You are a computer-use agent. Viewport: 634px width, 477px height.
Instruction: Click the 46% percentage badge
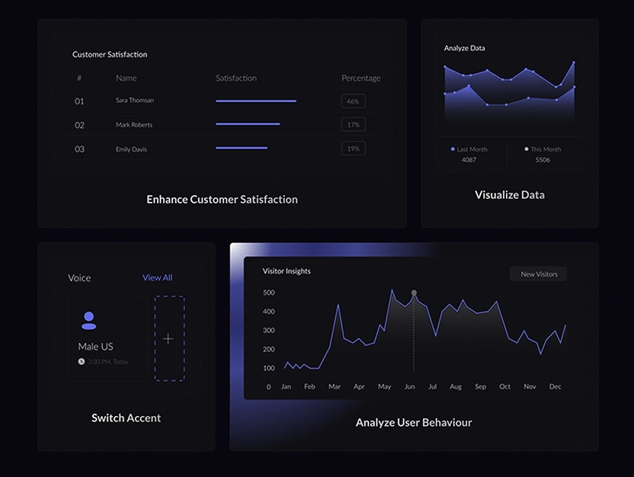click(353, 101)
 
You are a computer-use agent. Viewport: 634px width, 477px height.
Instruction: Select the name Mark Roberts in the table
click(134, 125)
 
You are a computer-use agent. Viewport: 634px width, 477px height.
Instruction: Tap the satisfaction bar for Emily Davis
click(242, 149)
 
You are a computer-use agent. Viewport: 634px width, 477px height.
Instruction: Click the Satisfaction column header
click(236, 78)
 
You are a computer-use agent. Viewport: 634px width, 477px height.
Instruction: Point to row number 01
click(79, 101)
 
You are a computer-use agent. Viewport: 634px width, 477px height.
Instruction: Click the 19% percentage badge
click(353, 149)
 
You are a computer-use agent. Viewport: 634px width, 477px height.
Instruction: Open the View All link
click(157, 278)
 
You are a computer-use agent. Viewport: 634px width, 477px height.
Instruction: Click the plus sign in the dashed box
click(168, 339)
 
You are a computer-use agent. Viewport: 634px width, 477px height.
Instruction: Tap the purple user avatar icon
click(89, 321)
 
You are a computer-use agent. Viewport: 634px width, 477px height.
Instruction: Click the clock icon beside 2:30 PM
click(82, 362)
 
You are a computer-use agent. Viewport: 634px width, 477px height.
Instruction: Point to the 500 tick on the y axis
click(267, 293)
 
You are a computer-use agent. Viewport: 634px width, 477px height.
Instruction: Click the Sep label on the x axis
click(480, 387)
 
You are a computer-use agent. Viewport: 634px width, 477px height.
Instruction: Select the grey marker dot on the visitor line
click(414, 293)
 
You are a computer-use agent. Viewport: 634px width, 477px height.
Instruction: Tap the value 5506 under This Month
click(542, 161)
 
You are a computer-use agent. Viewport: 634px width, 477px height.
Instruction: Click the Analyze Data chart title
click(465, 49)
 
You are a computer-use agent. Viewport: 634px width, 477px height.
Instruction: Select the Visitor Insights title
click(287, 271)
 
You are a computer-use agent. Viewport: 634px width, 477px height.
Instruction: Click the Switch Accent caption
click(126, 418)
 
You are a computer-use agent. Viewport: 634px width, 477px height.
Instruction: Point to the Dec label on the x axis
click(555, 387)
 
